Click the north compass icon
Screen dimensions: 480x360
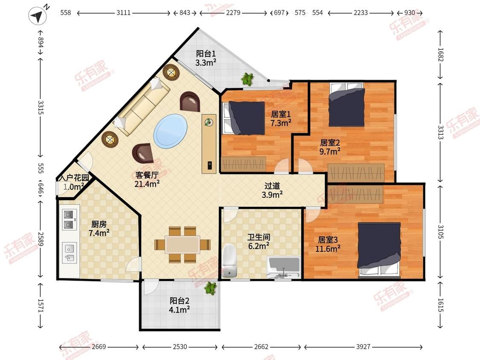tap(38, 15)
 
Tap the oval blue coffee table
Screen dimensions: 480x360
tap(170, 131)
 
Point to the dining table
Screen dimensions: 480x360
tap(183, 244)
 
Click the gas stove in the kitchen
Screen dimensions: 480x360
tap(69, 220)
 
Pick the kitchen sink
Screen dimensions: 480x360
tap(69, 253)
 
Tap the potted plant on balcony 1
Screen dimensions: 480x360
tap(247, 79)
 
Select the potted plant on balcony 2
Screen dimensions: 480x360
tap(210, 288)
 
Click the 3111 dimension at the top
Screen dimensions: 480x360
tap(123, 13)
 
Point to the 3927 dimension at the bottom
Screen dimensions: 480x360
tap(364, 346)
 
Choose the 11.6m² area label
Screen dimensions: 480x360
tap(328, 249)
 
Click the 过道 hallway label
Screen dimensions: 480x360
tap(272, 186)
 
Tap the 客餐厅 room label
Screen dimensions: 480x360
tap(147, 175)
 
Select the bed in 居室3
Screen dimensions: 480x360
tap(379, 250)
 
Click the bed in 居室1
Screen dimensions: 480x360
tap(244, 118)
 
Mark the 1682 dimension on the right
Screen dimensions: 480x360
tap(440, 55)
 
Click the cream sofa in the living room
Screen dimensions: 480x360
tap(142, 106)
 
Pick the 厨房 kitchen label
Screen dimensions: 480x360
tap(99, 224)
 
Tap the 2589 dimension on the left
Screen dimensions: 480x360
tap(41, 239)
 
